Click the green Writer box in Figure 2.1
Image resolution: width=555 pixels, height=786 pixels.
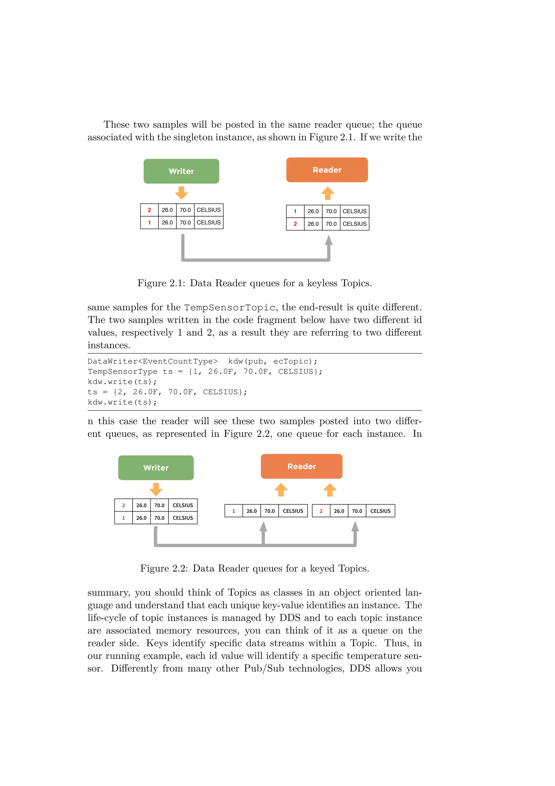pyautogui.click(x=181, y=171)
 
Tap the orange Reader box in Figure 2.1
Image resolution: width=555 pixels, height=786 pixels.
pyautogui.click(x=327, y=170)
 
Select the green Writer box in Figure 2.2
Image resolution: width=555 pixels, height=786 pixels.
pyautogui.click(x=156, y=468)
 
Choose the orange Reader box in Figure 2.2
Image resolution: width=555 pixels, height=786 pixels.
pyautogui.click(x=301, y=466)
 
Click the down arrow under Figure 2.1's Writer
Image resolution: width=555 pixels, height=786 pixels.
pyautogui.click(x=181, y=193)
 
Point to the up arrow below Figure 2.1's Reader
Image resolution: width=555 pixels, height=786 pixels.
pyautogui.click(x=328, y=193)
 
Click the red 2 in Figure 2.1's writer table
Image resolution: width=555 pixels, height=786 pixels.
pyautogui.click(x=149, y=210)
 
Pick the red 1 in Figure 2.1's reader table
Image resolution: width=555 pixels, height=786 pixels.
pyautogui.click(x=295, y=211)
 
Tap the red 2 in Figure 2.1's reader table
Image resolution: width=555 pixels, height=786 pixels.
pyautogui.click(x=295, y=224)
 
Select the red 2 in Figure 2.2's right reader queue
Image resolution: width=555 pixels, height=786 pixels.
pyautogui.click(x=321, y=511)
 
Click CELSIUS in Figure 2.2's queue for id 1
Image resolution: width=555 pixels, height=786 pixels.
pyautogui.click(x=293, y=511)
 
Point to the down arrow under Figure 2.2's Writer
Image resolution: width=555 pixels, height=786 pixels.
pyautogui.click(x=156, y=490)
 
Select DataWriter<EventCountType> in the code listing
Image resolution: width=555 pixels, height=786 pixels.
pyautogui.click(x=153, y=362)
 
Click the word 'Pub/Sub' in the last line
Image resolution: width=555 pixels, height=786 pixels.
pyautogui.click(x=264, y=669)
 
